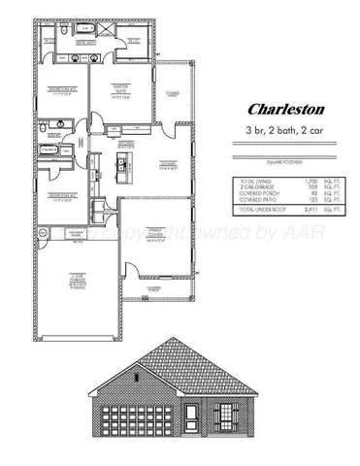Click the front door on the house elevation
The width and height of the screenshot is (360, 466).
pos(195,418)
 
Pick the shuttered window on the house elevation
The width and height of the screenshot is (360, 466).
pos(225,416)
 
